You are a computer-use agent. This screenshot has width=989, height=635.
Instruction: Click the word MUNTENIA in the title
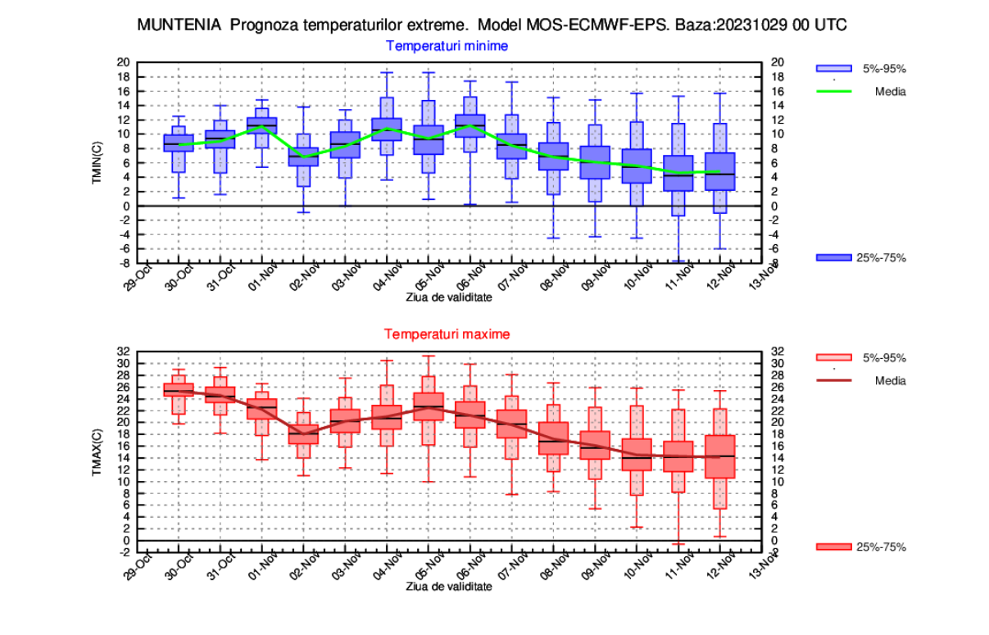coord(179,25)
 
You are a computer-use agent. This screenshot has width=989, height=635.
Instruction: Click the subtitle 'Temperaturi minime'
coord(447,46)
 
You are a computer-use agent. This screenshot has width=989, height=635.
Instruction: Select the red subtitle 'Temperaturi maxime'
coord(447,334)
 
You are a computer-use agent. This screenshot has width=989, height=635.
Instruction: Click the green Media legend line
coord(833,92)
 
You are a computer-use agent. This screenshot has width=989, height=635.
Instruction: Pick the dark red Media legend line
coord(833,381)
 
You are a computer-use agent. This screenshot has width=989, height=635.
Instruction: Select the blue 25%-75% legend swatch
coord(833,258)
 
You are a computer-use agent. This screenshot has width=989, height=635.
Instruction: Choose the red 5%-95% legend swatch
coord(833,358)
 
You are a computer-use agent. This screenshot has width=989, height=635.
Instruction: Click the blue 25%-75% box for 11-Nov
coord(678,173)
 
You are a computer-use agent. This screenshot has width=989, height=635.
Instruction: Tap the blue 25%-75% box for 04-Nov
coord(387,129)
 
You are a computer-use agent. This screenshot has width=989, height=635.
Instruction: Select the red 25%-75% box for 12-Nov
coord(720,456)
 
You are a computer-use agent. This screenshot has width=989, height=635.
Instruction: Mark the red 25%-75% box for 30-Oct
coord(179,389)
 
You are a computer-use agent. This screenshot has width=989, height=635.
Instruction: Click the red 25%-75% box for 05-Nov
coord(429,406)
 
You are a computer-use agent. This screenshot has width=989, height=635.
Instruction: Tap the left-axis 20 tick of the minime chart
coord(124,62)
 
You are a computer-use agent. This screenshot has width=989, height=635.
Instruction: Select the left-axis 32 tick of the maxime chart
coord(124,352)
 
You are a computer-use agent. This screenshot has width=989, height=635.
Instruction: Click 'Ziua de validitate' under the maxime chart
coord(449,587)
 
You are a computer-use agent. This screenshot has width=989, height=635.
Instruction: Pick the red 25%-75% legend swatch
coord(833,547)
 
